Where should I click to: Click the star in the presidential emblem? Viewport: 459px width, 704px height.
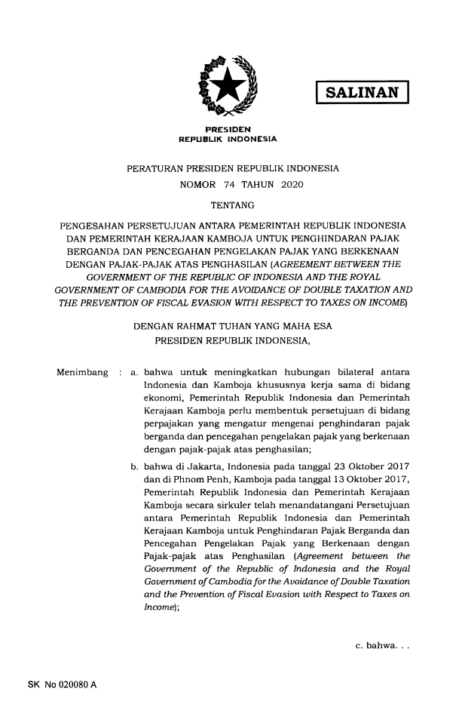pos(228,84)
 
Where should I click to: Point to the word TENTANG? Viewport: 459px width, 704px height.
pos(230,204)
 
